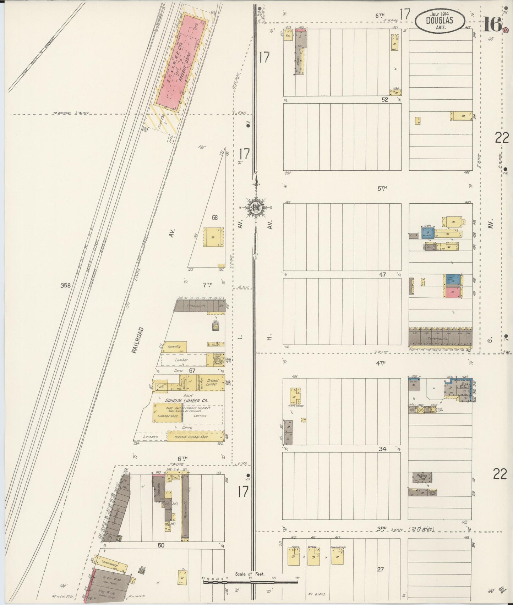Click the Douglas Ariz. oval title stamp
pyautogui.click(x=440, y=20)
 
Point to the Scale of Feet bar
pyautogui.click(x=250, y=582)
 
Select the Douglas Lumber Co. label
pyautogui.click(x=186, y=400)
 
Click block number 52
pyautogui.click(x=385, y=100)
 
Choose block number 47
pyautogui.click(x=382, y=274)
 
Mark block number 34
pyautogui.click(x=382, y=449)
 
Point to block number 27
pyautogui.click(x=381, y=570)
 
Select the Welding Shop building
pyautogui.click(x=422, y=477)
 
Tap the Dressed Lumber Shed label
pyautogui.click(x=191, y=437)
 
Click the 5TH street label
pyautogui.click(x=382, y=188)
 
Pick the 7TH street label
pyautogui.click(x=207, y=284)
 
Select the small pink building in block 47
pyautogui.click(x=453, y=293)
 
